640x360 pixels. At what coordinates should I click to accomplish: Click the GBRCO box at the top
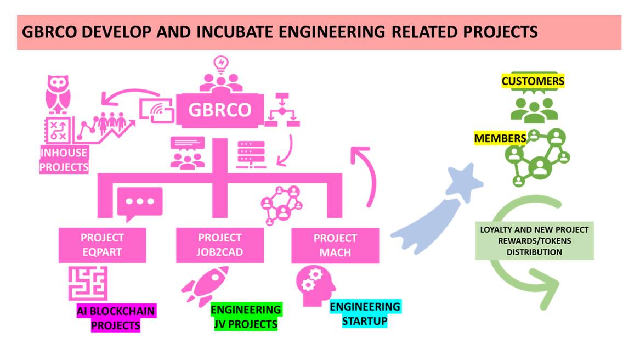tap(219, 110)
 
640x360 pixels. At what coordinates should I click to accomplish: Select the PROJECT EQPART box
tap(103, 245)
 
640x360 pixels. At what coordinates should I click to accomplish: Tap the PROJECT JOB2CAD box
tap(219, 245)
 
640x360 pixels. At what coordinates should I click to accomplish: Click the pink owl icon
tap(59, 94)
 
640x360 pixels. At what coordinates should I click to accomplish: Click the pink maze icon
tap(88, 283)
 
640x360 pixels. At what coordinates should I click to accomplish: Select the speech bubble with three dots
tap(139, 203)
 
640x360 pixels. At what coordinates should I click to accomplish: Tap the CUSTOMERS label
tap(533, 82)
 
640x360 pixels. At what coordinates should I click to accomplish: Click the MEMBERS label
tap(500, 138)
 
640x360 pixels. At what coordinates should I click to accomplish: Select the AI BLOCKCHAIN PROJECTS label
tap(116, 318)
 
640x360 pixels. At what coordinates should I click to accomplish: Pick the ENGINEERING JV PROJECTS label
tap(246, 317)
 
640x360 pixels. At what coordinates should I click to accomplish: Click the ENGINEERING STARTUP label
tap(365, 313)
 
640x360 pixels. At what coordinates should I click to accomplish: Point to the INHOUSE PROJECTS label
tap(64, 160)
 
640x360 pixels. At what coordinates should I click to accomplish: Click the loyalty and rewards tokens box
tap(534, 241)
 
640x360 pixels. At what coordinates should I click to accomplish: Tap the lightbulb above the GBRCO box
tap(221, 64)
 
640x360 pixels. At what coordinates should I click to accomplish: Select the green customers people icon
tap(534, 108)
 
